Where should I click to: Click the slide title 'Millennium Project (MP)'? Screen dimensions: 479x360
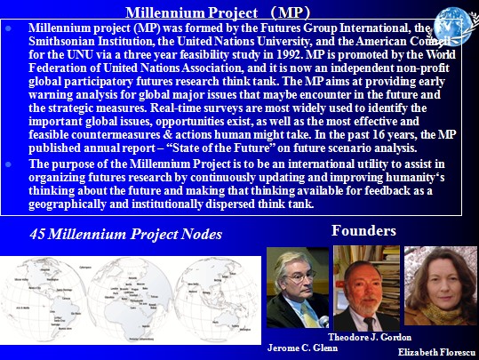[x=218, y=12]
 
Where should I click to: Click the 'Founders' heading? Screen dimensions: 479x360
[x=363, y=230]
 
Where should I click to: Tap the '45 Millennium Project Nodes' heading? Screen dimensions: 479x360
[x=126, y=234]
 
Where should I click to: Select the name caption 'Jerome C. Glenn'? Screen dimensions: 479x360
[x=302, y=348]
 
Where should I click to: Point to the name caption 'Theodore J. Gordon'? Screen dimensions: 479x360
[x=370, y=337]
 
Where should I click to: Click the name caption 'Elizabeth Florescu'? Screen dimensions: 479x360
[x=437, y=352]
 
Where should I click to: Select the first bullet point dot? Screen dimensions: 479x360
[x=8, y=28]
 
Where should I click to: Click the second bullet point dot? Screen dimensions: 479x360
[x=8, y=164]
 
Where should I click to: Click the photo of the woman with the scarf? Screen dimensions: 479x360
[x=441, y=285]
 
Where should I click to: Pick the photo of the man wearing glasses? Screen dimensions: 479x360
[x=298, y=287]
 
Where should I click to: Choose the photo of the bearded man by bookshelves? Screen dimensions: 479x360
[x=366, y=288]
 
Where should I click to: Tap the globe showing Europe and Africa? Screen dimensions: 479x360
[x=131, y=300]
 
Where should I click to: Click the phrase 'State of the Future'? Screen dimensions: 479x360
[x=223, y=148]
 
